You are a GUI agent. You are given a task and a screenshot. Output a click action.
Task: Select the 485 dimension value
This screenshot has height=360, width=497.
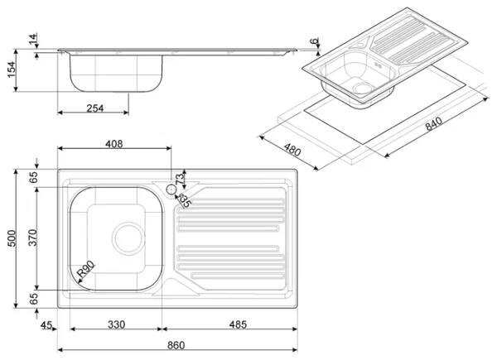238,325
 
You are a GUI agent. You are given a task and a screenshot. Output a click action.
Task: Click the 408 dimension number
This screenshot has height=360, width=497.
114,144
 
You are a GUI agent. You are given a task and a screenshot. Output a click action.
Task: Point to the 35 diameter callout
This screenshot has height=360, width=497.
184,199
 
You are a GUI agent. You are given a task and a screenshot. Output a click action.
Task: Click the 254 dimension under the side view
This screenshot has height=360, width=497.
94,108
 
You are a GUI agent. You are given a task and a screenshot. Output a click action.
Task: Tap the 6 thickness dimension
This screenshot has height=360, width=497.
315,41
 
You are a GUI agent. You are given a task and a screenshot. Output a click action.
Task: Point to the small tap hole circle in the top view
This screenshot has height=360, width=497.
172,188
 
